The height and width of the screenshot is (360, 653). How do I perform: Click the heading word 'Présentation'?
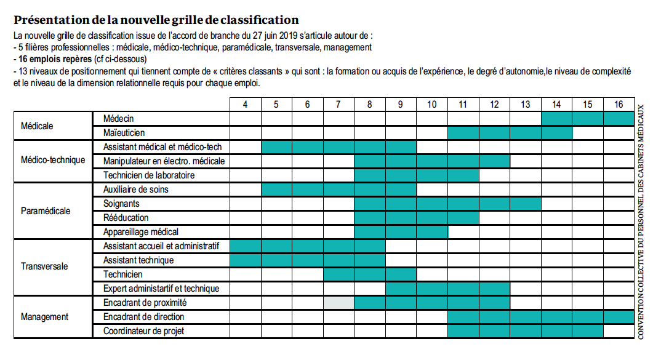tap(52, 20)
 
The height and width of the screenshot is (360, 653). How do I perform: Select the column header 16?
tap(618, 104)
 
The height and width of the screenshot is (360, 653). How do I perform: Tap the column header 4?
tap(246, 104)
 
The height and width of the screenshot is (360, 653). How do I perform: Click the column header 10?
tap(431, 104)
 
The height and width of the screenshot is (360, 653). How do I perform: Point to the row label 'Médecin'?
tap(119, 118)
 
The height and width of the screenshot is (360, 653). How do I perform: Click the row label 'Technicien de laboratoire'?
tap(149, 175)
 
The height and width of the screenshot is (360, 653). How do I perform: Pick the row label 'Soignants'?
tap(121, 204)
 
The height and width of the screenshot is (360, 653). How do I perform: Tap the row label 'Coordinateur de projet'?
tap(143, 331)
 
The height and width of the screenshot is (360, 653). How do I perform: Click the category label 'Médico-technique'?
tap(53, 161)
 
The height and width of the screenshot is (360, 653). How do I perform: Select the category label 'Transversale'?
tap(44, 267)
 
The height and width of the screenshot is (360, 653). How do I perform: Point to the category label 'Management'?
tap(44, 317)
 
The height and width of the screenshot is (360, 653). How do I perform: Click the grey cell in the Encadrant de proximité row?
tap(339, 303)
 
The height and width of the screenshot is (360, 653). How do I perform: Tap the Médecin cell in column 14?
tap(556, 118)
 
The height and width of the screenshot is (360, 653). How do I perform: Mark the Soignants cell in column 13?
tap(525, 204)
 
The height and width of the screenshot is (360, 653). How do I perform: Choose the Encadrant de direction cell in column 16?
tap(618, 317)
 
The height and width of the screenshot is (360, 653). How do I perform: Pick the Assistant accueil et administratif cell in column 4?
tap(246, 246)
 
